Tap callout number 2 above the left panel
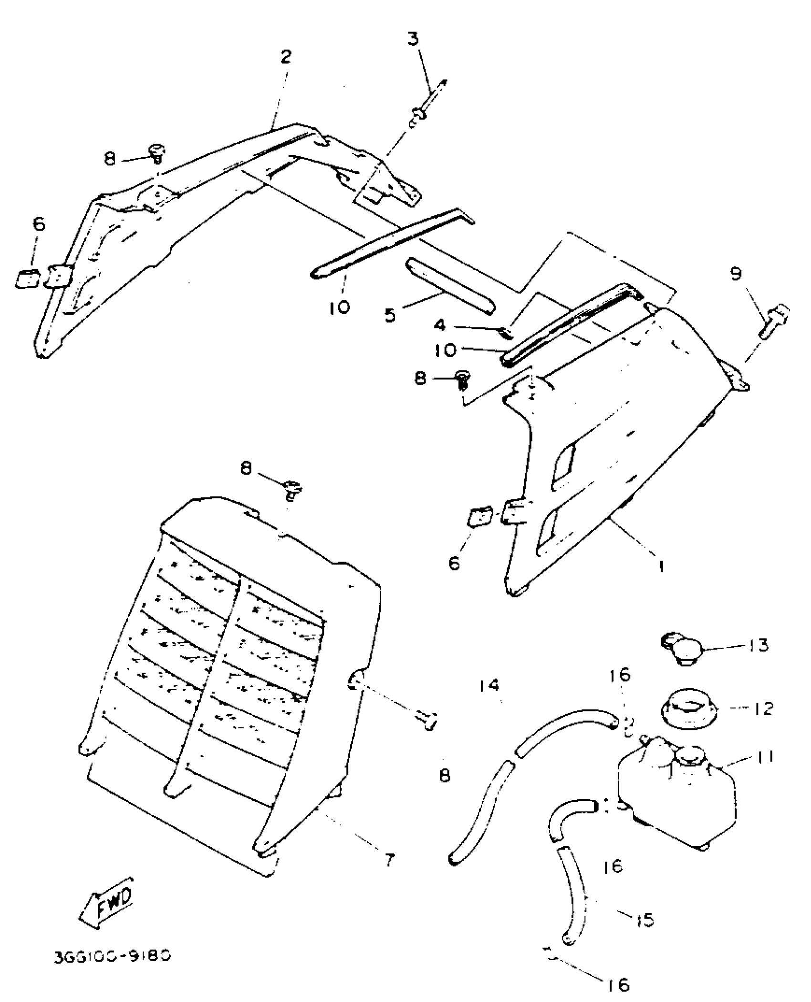click(x=285, y=57)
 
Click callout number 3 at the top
click(x=413, y=38)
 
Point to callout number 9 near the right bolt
click(x=736, y=274)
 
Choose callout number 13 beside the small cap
click(x=758, y=645)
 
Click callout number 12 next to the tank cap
click(x=763, y=708)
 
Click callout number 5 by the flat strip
click(x=390, y=316)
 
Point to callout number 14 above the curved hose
click(x=489, y=686)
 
